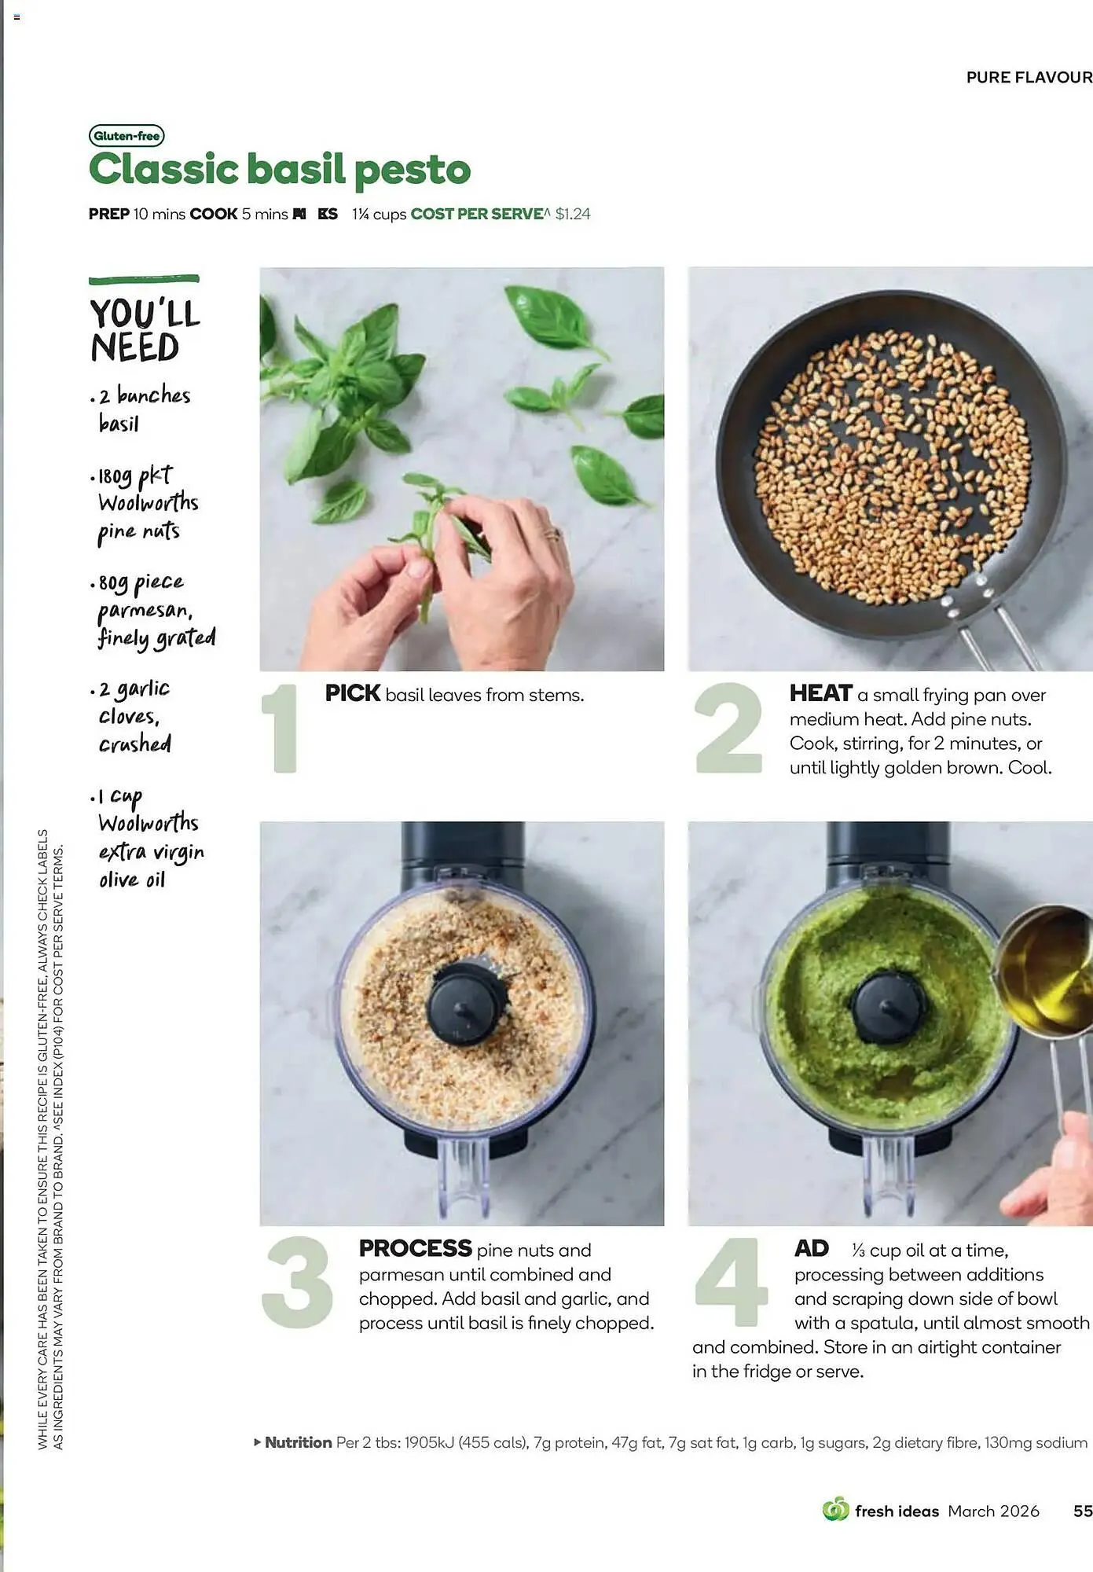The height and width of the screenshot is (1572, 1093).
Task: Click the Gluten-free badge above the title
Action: [127, 136]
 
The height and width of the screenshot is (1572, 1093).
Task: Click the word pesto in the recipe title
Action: [412, 171]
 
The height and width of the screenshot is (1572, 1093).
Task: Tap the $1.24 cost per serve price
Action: [572, 214]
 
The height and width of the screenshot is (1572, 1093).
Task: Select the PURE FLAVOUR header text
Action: [1029, 77]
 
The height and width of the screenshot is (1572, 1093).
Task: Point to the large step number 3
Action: [297, 1282]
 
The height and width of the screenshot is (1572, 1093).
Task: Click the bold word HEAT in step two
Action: [820, 693]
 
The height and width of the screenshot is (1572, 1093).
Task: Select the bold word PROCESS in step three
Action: [415, 1248]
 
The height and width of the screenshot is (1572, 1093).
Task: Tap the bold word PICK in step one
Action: [352, 693]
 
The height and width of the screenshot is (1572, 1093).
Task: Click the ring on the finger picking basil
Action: [553, 534]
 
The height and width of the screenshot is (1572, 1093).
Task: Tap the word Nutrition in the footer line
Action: [298, 1442]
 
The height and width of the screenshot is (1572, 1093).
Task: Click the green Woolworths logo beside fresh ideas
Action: [835, 1510]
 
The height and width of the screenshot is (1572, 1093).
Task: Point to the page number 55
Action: [1082, 1511]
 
